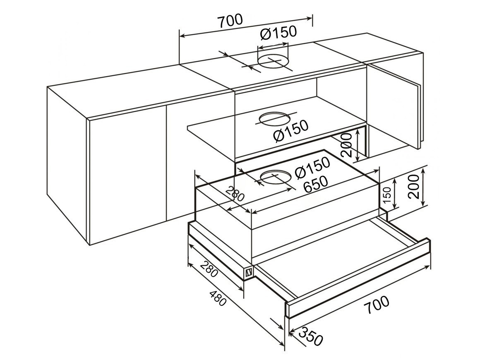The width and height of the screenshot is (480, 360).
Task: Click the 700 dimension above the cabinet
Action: (x=230, y=21)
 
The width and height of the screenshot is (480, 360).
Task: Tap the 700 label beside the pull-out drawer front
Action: (x=377, y=305)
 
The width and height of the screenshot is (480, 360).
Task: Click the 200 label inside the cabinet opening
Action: (x=346, y=145)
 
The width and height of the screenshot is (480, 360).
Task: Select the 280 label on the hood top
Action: (x=235, y=194)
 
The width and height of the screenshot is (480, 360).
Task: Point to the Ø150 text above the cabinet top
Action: (x=278, y=33)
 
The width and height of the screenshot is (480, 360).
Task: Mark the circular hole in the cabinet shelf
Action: (x=274, y=119)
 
